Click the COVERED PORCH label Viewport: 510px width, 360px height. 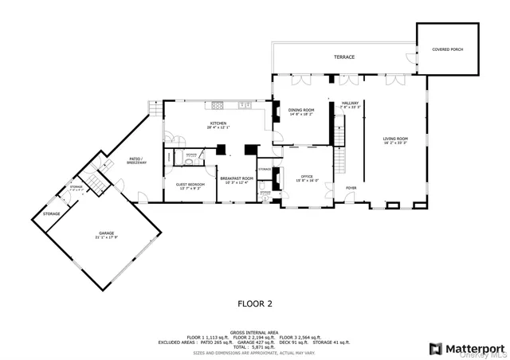pos(448,49)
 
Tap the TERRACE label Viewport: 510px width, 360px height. pos(344,57)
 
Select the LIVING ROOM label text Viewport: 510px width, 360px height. pos(396,139)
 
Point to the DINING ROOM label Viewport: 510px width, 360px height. pos(301,110)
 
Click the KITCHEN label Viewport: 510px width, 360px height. pos(218,123)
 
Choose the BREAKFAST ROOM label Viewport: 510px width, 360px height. pos(237,178)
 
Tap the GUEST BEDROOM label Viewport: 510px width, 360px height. pos(190,184)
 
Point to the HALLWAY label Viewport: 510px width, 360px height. pos(351,103)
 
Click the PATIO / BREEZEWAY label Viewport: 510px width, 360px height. pos(135,160)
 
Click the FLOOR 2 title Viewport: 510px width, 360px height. pos(255,303)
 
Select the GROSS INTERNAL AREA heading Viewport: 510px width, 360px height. pos(255,331)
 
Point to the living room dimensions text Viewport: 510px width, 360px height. pos(396,143)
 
